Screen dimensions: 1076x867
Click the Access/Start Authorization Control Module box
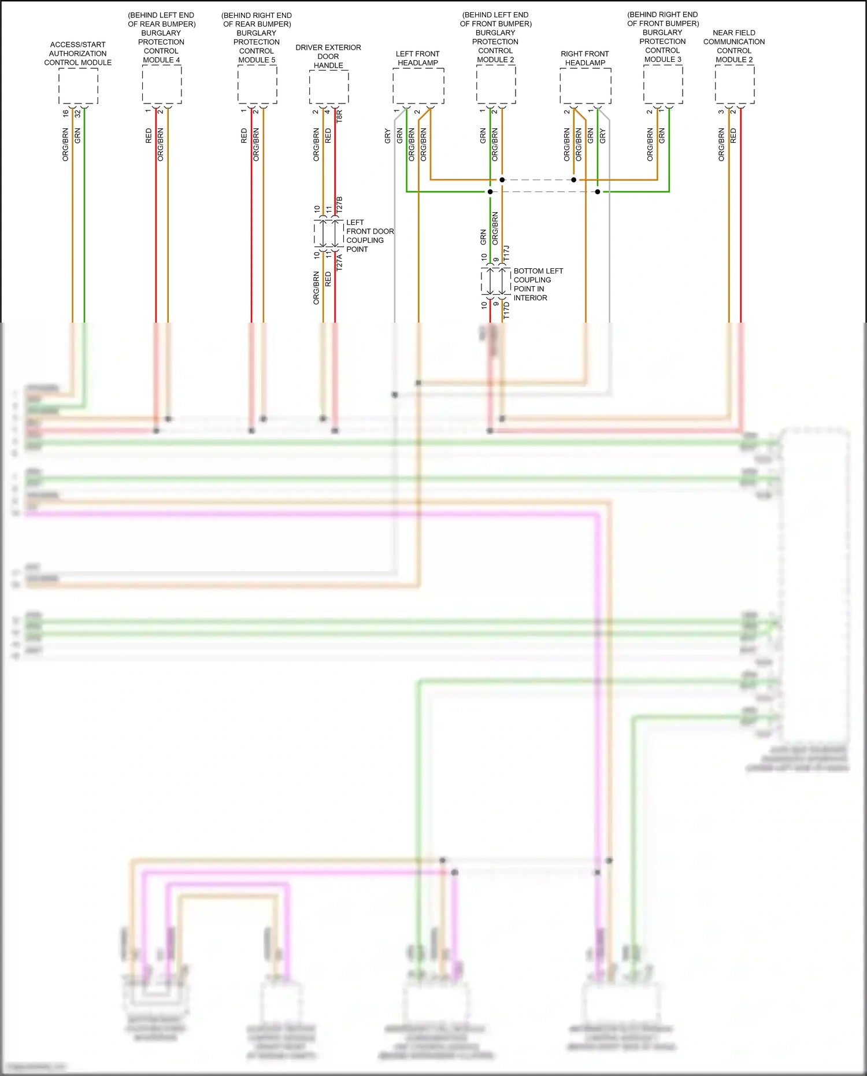click(78, 86)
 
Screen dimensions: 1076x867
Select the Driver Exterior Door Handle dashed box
click(328, 87)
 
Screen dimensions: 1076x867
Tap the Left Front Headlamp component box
click(418, 86)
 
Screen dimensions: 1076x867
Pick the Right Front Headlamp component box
click(585, 86)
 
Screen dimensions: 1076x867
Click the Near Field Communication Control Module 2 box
click(734, 84)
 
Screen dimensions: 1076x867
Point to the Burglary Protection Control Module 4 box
click(162, 84)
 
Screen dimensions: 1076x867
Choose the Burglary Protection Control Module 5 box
click(257, 84)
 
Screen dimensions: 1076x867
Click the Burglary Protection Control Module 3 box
click(663, 84)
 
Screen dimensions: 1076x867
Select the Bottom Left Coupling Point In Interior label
click(538, 284)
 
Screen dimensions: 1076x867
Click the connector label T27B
click(339, 204)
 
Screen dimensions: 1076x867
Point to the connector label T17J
click(507, 253)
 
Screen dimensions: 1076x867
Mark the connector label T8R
click(339, 116)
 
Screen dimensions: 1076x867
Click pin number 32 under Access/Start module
click(77, 114)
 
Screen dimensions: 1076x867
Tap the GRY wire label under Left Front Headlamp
click(387, 136)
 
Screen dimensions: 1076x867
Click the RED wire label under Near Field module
click(733, 136)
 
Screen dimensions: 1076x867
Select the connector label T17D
click(507, 310)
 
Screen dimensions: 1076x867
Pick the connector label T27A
click(339, 262)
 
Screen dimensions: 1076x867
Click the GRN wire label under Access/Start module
click(77, 136)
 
